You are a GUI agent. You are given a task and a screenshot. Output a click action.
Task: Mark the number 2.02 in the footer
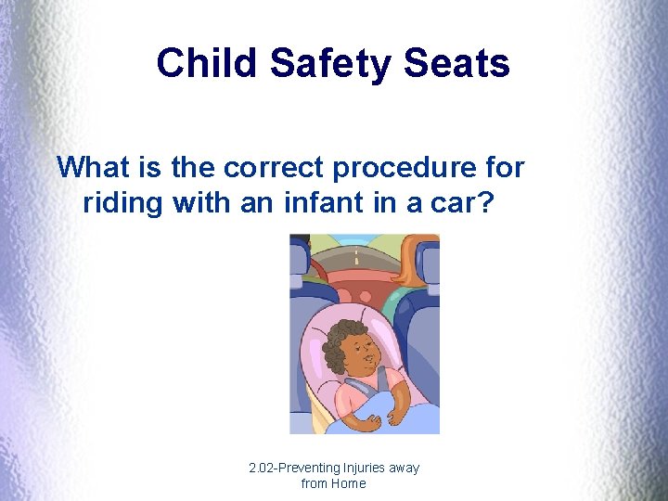tap(263, 468)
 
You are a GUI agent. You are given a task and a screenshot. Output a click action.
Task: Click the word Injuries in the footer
tap(366, 469)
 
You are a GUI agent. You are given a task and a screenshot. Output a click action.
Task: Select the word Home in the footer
tap(348, 483)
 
